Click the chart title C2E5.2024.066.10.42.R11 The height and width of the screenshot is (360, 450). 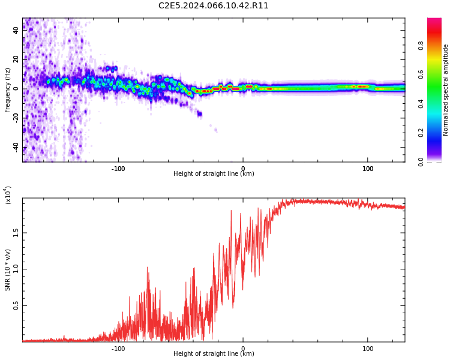tap(213, 6)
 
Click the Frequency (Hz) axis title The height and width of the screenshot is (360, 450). tap(7, 90)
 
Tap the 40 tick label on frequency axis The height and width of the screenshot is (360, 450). tap(16, 30)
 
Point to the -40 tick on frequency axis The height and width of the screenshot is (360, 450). tap(16, 148)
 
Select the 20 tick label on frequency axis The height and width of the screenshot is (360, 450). tap(16, 59)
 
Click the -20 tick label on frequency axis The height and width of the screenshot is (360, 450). tap(16, 118)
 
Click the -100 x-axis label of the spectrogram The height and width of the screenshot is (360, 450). tap(118, 169)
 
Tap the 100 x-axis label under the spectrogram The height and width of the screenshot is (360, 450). tap(368, 169)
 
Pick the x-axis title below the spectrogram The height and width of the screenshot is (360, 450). tap(214, 173)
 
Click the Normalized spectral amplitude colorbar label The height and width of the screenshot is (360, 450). tap(445, 90)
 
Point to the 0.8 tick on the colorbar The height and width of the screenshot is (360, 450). tap(421, 46)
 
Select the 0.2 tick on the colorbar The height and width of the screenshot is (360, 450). tap(421, 133)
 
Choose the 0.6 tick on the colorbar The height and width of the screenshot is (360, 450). tap(421, 74)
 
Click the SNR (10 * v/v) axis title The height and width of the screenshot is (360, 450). tap(7, 270)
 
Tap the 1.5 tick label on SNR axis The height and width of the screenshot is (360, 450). tap(16, 233)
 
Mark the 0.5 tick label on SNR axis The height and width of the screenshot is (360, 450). tap(16, 305)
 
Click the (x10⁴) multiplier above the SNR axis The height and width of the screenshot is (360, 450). tap(8, 195)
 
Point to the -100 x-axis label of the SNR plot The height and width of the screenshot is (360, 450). tap(118, 349)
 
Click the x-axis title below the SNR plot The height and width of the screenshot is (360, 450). tap(214, 353)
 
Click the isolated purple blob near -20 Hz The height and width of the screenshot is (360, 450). tap(200, 114)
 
